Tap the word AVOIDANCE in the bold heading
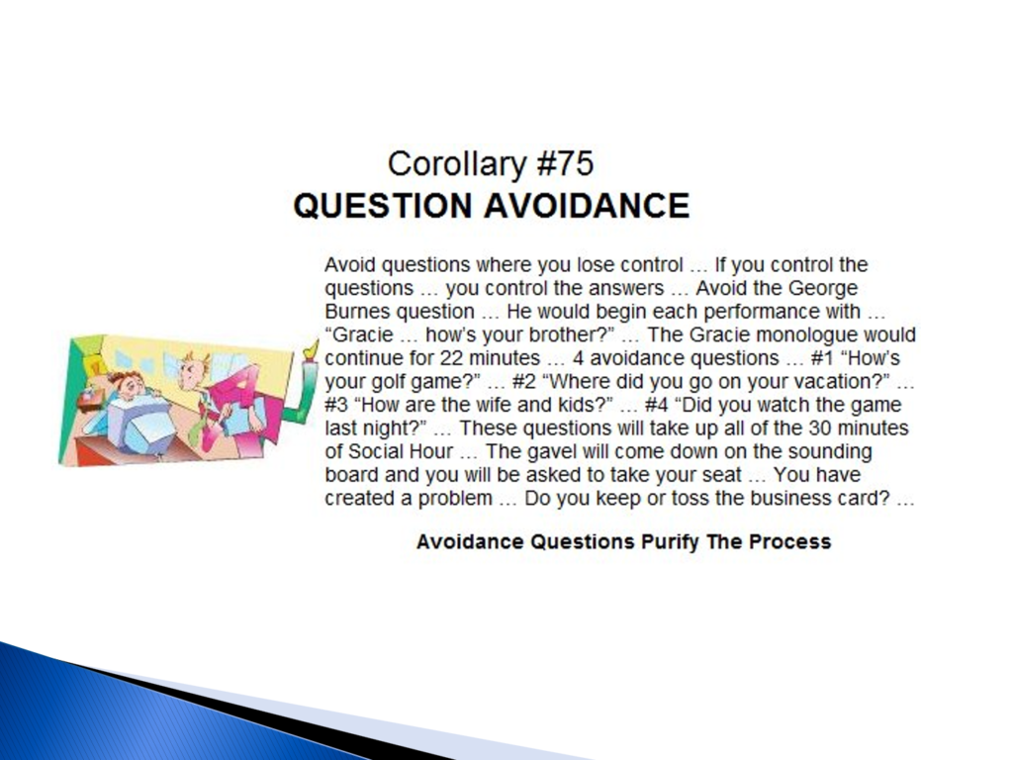click(x=587, y=206)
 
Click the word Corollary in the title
click(x=456, y=164)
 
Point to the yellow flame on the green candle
click(x=312, y=349)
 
